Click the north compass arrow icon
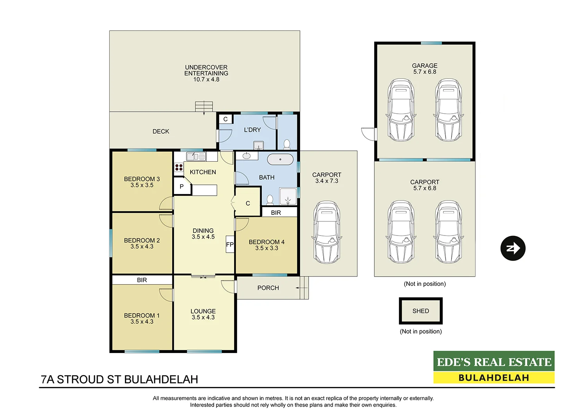[x=513, y=248]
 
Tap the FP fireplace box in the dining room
[x=230, y=244]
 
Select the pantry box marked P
[x=182, y=187]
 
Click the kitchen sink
[x=195, y=157]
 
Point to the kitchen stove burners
[x=179, y=168]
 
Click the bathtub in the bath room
[x=280, y=159]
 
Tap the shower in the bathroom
[x=288, y=196]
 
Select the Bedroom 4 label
[x=266, y=242]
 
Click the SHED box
[x=421, y=311]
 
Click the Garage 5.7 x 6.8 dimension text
[x=425, y=72]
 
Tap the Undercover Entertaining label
[x=206, y=70]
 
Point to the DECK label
[x=161, y=132]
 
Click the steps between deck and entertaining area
[x=204, y=107]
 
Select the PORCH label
[x=268, y=288]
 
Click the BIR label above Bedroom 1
[x=142, y=280]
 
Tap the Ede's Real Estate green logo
[x=494, y=362]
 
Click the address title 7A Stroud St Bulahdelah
[x=120, y=379]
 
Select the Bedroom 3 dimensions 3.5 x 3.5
[x=142, y=185]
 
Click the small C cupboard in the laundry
[x=225, y=119]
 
